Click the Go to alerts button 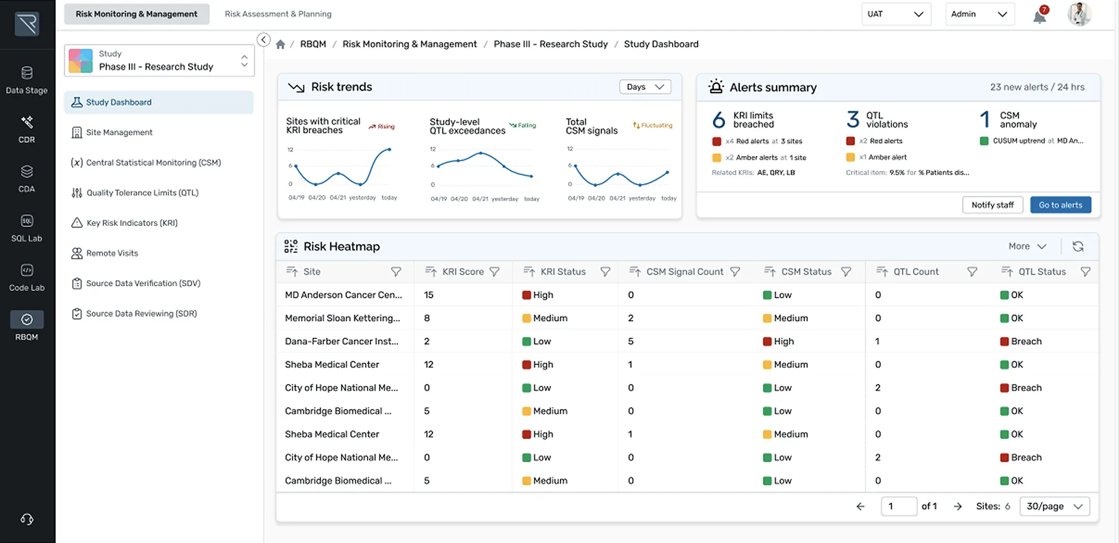1060,205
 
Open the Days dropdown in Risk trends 645,87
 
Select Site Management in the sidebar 119,133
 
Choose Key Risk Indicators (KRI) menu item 132,223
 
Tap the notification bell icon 1040,15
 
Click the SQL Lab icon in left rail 27,228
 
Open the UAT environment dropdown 895,14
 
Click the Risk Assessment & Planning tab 278,14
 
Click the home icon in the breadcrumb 280,44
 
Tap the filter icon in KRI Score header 495,272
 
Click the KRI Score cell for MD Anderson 429,295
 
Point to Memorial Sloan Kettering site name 342,318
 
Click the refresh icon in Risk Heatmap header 1078,247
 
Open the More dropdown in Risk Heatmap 1027,247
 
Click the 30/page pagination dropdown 1054,506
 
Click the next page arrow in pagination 958,506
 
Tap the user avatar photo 1079,14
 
